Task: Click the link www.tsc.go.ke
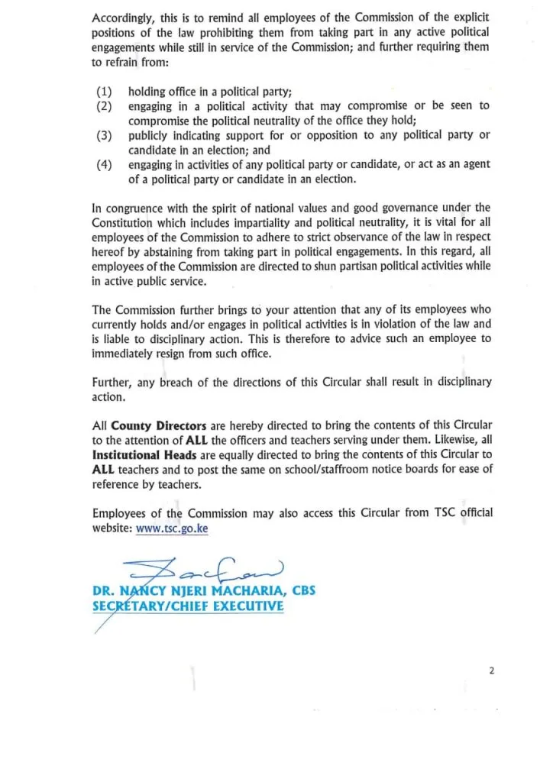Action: click(x=172, y=528)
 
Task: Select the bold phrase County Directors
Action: click(x=158, y=425)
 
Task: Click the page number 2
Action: click(x=492, y=671)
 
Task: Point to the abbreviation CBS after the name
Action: click(x=299, y=591)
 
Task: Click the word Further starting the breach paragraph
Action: click(x=112, y=383)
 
